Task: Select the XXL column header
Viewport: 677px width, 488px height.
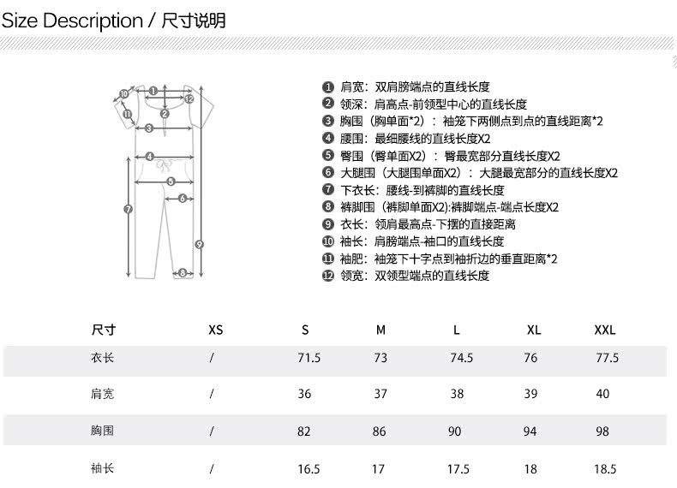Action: [x=605, y=330]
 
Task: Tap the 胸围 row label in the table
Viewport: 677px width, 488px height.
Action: [x=102, y=431]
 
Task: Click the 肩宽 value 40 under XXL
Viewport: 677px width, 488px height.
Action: [x=602, y=395]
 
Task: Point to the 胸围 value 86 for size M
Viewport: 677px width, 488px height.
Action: [x=380, y=431]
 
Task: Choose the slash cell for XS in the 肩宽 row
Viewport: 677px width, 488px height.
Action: [x=212, y=395]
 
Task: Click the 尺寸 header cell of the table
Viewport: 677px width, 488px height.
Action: [x=103, y=330]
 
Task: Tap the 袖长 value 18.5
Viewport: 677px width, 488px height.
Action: [x=604, y=469]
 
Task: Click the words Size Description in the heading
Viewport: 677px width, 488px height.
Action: [x=72, y=21]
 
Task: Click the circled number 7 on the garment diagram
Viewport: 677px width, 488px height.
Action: [x=128, y=209]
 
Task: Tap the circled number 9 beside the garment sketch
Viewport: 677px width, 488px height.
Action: [x=199, y=244]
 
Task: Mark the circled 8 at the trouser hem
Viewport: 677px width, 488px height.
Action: [x=182, y=273]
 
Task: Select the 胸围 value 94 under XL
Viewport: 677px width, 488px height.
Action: [x=530, y=431]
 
